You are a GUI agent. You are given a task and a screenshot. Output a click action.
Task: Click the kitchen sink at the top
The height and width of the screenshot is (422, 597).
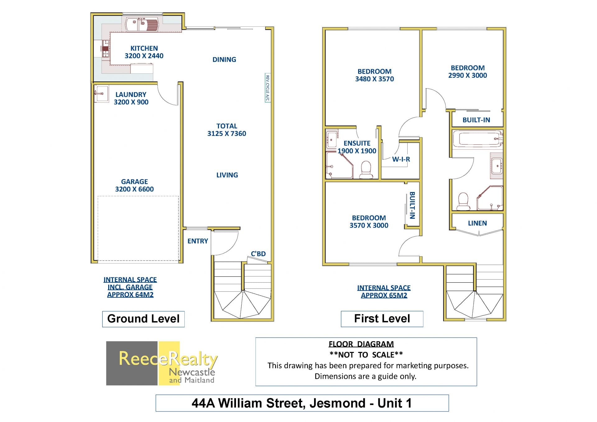(142, 24)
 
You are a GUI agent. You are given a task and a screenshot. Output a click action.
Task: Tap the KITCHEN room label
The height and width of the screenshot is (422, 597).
(144, 49)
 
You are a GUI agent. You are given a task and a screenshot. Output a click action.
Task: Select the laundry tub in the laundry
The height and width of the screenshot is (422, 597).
(101, 94)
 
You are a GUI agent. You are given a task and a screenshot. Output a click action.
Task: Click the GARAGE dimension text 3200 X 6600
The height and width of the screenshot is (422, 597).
(134, 189)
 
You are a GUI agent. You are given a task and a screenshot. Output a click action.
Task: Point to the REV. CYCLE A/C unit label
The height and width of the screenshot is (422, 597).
(267, 88)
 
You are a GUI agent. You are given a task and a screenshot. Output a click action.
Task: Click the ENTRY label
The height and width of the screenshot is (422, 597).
(198, 241)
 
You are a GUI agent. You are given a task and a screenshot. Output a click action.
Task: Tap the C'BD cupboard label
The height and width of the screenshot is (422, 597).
(258, 254)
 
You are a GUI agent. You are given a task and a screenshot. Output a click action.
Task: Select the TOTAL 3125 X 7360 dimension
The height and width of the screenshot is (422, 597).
(227, 130)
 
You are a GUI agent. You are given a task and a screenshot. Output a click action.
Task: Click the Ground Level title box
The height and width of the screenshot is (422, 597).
(143, 319)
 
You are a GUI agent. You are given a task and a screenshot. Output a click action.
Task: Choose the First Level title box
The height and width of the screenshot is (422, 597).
(382, 319)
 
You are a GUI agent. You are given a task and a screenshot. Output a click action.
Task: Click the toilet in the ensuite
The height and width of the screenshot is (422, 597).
(366, 169)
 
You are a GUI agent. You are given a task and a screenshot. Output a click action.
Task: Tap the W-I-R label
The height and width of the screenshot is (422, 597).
(401, 159)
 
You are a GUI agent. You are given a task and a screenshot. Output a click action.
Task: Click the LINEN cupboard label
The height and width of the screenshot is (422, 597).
(477, 223)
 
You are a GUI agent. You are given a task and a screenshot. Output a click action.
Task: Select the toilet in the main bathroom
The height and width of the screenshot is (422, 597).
(463, 201)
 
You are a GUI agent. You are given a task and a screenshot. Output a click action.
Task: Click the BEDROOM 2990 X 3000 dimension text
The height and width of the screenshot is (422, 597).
(468, 75)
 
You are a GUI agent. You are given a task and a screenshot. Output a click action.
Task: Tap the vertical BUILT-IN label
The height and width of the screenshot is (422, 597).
(412, 205)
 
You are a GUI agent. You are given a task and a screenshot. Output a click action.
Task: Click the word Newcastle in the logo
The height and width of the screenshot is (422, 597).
(192, 372)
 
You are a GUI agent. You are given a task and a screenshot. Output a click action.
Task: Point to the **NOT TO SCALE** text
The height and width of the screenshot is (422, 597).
(366, 355)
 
